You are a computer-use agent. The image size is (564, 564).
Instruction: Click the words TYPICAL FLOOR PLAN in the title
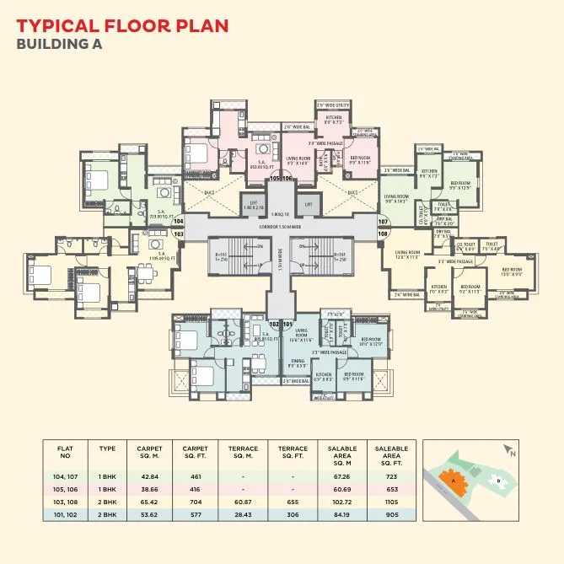[122, 24]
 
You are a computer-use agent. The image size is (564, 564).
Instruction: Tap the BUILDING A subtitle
[59, 45]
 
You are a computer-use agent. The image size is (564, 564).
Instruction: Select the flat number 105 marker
[275, 179]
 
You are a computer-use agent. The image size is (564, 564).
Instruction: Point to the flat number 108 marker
[383, 233]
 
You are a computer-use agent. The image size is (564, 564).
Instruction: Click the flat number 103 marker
[178, 234]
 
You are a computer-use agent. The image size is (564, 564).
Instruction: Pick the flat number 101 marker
[287, 324]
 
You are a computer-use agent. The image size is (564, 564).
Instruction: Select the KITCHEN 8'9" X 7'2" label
[332, 121]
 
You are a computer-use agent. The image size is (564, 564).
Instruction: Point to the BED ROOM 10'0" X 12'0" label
[372, 342]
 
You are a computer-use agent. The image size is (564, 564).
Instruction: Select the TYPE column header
[107, 449]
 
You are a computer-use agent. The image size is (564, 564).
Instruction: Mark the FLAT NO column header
[66, 453]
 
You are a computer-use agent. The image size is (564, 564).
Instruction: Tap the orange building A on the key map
[455, 481]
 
